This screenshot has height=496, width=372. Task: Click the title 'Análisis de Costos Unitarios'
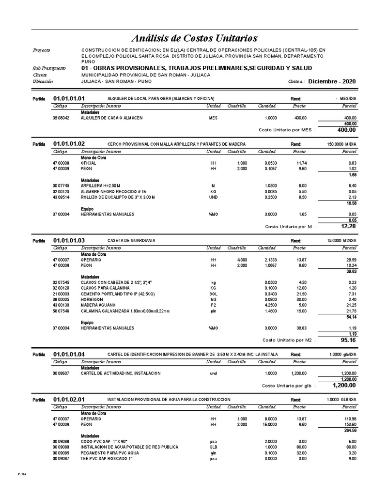195,38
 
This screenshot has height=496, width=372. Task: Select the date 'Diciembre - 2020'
331,81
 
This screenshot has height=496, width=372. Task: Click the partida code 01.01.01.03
69,240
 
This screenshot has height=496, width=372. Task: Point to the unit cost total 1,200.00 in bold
344,385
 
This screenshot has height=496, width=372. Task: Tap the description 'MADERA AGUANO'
95,306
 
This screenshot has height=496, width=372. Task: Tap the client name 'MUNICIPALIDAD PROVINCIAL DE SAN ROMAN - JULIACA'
146,75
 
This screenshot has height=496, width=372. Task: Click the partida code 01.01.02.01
69,399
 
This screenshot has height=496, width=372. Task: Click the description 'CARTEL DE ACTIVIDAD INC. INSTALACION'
121,373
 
